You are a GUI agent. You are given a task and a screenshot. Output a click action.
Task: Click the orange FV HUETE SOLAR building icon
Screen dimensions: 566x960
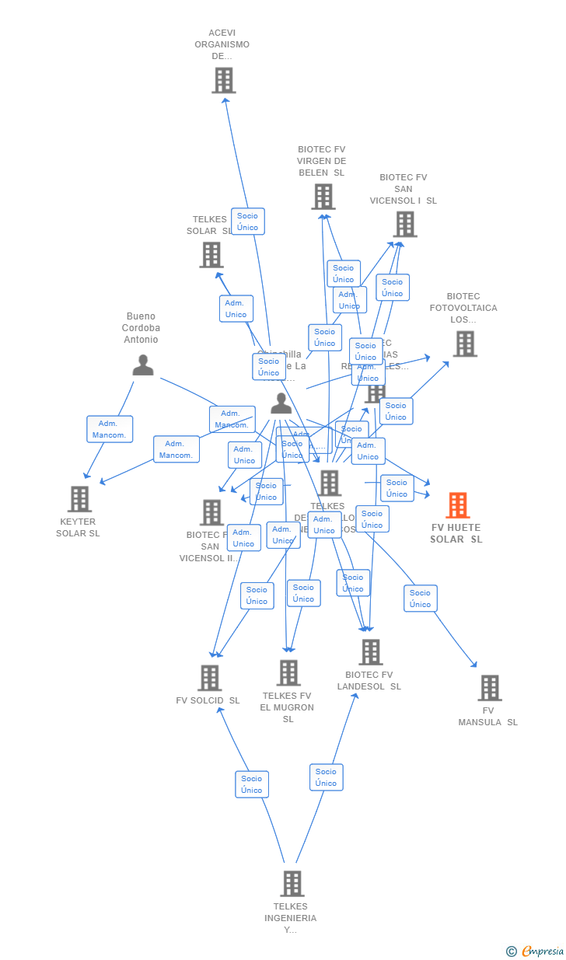click(x=457, y=505)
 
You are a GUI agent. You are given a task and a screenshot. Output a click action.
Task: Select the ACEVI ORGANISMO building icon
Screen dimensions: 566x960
click(x=223, y=80)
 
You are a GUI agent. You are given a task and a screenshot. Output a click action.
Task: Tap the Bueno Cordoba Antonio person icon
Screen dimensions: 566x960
click(x=143, y=365)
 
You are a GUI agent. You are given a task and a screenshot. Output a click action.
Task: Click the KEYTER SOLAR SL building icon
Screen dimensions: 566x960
click(x=79, y=499)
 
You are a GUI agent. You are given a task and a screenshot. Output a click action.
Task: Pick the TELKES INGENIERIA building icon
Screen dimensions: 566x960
click(x=292, y=884)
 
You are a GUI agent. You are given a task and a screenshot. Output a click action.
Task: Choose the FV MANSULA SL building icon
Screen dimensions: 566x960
click(x=489, y=688)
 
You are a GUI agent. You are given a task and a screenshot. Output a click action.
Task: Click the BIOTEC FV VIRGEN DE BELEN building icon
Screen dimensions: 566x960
click(x=323, y=197)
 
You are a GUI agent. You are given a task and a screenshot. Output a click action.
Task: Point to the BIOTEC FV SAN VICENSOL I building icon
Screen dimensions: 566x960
click(x=404, y=225)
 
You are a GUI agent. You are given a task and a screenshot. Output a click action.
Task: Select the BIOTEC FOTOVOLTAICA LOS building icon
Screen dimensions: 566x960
click(x=464, y=344)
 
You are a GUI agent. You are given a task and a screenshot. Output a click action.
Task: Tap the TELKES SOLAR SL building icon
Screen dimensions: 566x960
click(x=211, y=255)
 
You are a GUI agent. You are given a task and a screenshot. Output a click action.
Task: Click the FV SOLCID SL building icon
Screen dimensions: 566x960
click(x=209, y=678)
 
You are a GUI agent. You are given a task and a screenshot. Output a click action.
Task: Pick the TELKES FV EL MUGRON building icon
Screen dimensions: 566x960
click(x=288, y=673)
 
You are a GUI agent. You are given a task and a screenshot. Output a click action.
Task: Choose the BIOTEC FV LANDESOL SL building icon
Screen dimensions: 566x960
click(x=370, y=652)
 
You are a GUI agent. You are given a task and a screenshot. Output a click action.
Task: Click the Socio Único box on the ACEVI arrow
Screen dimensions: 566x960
click(x=247, y=222)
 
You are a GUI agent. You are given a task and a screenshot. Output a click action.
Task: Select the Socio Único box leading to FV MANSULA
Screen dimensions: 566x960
click(x=420, y=599)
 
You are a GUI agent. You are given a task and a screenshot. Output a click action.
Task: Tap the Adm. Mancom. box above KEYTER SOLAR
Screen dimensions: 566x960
click(x=110, y=429)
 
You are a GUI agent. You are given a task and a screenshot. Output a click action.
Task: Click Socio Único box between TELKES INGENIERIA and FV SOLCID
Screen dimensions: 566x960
click(x=252, y=784)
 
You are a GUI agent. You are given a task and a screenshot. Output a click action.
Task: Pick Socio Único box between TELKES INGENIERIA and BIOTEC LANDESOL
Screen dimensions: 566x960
click(x=326, y=777)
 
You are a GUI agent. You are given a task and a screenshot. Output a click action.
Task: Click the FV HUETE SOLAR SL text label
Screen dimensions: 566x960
click(x=456, y=533)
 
